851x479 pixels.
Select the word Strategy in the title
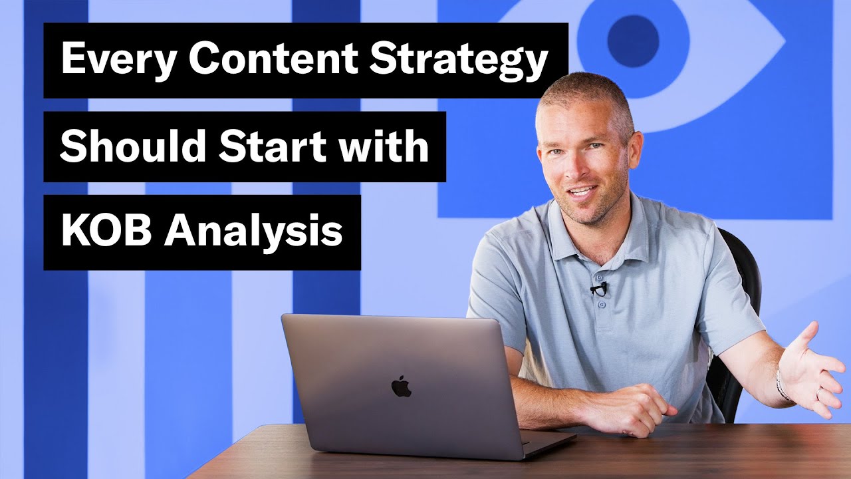coord(459,61)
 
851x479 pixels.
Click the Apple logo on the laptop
coord(401,387)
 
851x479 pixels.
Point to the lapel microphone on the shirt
coord(599,289)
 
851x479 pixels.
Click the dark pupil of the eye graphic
coord(633,41)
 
